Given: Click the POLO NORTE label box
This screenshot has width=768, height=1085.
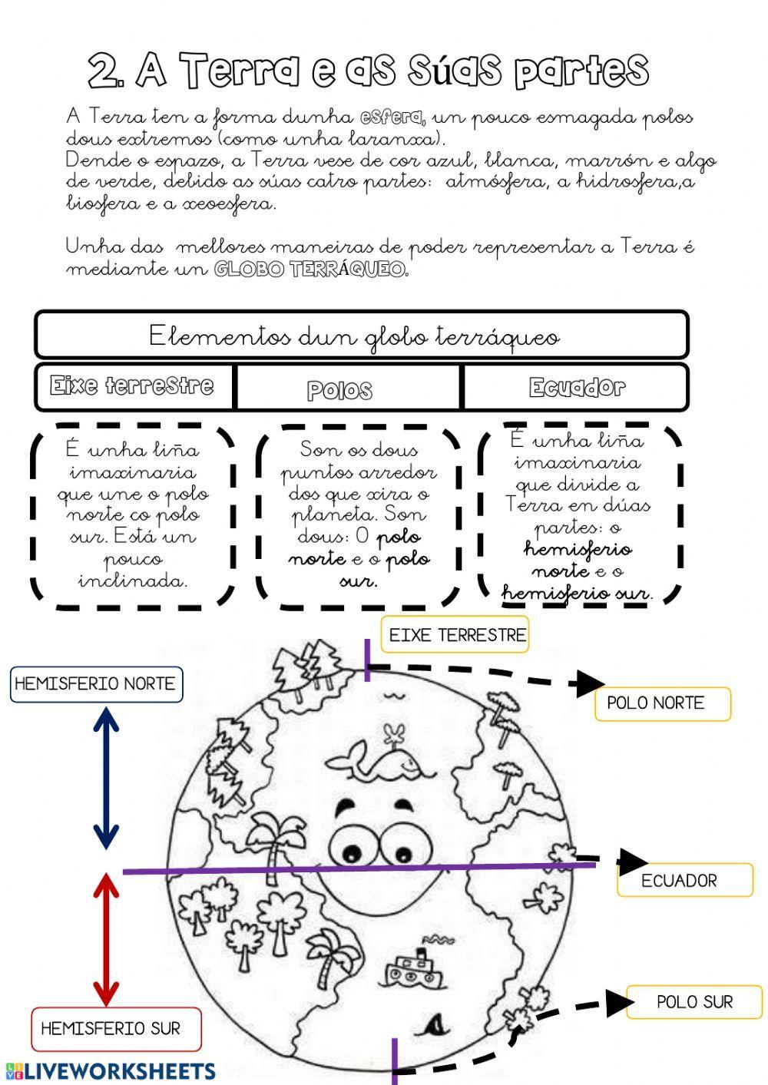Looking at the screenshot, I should coord(662,703).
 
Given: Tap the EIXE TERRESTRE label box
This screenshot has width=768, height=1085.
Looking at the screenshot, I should coord(455,635).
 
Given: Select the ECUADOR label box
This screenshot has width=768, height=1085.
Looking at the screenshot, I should coord(684,880).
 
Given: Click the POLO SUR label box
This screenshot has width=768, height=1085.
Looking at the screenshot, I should coord(694,1002).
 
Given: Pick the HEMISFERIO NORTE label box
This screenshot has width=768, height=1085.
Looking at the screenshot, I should coord(96,683).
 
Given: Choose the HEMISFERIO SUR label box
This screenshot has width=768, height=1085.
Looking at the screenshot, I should coord(115,1029).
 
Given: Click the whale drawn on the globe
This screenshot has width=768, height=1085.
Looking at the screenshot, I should coord(375,761).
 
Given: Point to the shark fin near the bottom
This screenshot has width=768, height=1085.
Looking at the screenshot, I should coord(435,1023).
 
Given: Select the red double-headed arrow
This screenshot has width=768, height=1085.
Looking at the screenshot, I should coord(106,940).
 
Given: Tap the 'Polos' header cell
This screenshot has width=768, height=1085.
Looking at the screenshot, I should coord(340,389).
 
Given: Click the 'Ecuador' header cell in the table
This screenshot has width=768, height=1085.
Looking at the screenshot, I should coord(576,387).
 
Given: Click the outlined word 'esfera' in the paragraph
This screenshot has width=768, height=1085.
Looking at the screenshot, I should coord(391,117).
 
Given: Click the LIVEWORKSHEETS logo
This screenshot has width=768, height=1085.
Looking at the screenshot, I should coord(111,1071).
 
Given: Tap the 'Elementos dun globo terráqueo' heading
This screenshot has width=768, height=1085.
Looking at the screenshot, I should coord(353,336).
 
